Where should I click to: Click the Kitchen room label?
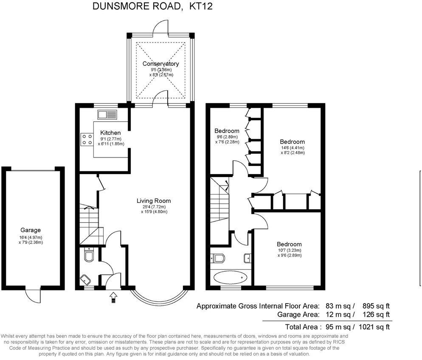(x=110, y=133)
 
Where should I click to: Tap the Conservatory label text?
(x=160, y=64)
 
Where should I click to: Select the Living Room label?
(x=154, y=201)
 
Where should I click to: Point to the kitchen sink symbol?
(x=107, y=115)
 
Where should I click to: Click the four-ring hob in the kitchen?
(x=87, y=139)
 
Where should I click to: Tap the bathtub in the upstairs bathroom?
(x=231, y=278)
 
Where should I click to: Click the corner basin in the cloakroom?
(x=84, y=280)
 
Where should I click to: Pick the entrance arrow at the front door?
(x=113, y=297)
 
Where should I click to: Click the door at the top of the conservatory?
(x=161, y=26)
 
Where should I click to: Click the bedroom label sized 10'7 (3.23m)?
(x=289, y=244)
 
